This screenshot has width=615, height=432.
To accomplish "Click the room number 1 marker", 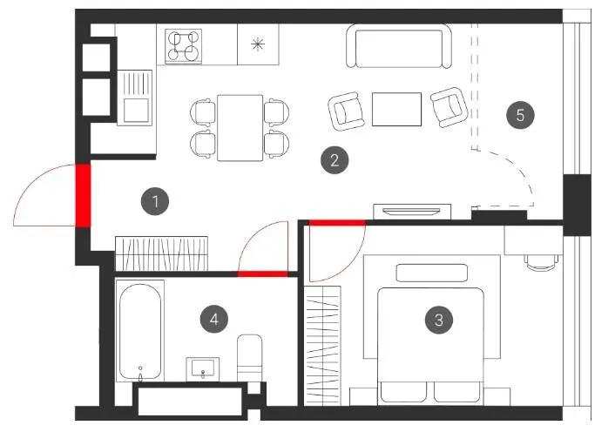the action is [155, 201].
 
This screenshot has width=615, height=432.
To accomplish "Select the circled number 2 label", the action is [335, 160].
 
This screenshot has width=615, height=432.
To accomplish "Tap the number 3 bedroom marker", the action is [439, 320].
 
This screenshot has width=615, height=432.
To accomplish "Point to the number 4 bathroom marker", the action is [214, 319].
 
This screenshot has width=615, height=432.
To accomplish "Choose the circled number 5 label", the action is [520, 115].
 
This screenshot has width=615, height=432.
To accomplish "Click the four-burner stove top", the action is [184, 46].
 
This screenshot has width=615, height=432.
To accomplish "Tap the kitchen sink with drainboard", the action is [134, 98].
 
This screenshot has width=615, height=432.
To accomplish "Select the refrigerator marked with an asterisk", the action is [258, 44].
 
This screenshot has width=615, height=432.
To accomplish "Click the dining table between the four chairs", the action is [240, 128].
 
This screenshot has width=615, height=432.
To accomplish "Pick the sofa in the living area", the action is [399, 46].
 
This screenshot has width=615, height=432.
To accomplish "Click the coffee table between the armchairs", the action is [396, 109].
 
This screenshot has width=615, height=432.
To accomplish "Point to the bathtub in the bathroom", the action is [140, 331].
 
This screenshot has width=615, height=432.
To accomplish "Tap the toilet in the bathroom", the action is [250, 357].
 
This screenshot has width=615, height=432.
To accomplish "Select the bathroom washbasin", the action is [202, 369].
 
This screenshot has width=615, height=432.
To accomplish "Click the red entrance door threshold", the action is [83, 196].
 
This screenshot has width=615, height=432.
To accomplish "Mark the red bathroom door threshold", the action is [263, 273].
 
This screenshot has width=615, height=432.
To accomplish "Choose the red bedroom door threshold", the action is [337, 223].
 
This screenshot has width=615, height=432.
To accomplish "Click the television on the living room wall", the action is [412, 212].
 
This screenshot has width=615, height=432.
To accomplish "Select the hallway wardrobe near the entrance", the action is [161, 253].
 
